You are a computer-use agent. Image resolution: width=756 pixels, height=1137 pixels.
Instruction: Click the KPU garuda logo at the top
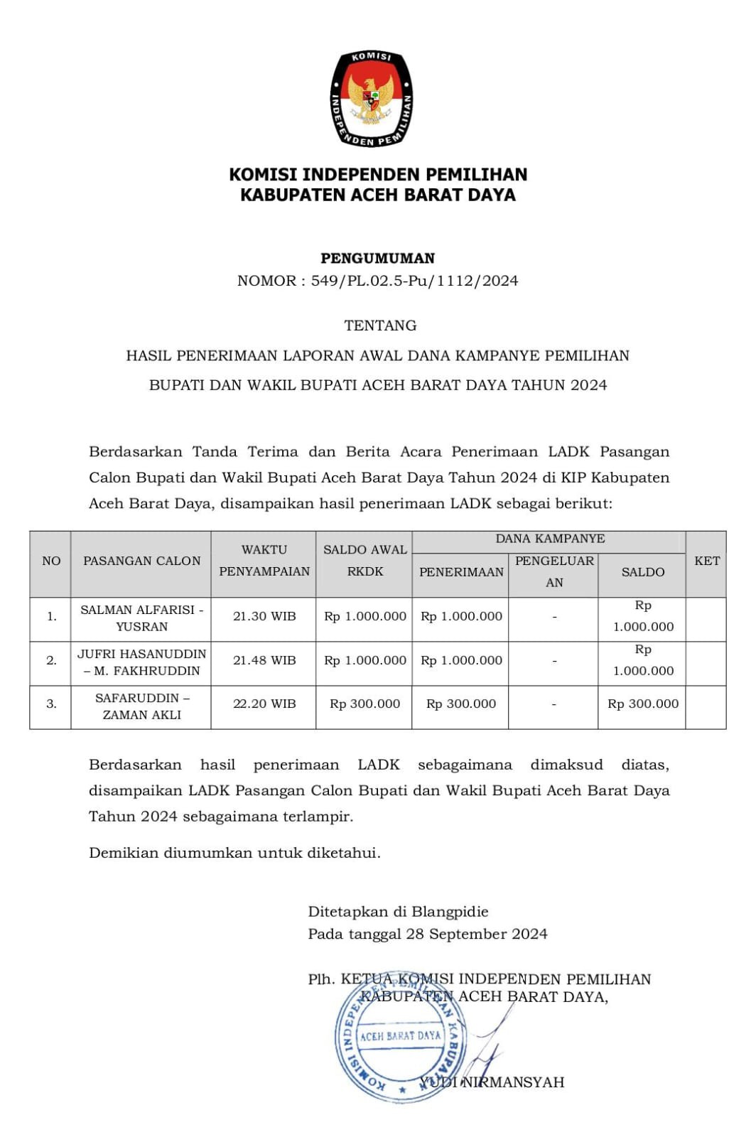372,99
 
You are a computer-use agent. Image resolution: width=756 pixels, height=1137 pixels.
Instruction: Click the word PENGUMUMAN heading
377,258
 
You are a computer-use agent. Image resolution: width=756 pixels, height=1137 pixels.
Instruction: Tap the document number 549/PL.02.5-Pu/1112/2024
414,281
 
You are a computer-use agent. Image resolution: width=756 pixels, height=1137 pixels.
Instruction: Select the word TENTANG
380,325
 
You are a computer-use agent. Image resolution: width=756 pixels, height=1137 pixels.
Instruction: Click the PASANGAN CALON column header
141,561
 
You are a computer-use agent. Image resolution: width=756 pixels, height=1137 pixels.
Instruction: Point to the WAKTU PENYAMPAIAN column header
264,561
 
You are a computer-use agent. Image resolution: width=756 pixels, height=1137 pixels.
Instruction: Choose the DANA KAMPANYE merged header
550,539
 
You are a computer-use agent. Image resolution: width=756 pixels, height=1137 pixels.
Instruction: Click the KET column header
707,561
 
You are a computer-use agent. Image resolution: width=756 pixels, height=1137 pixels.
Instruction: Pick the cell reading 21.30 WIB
264,616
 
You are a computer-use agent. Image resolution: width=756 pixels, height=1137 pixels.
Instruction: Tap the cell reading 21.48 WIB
264,660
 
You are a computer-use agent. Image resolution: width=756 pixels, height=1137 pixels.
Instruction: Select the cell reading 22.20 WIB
264,704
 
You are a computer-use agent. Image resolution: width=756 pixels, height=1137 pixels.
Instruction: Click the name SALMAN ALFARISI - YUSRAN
141,618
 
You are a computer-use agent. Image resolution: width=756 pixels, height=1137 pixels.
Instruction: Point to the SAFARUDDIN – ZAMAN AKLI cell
141,706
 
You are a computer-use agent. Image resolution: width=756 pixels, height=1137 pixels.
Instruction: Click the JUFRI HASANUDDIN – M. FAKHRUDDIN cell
141,662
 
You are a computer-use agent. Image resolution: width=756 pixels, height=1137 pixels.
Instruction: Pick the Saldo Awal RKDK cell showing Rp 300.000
364,704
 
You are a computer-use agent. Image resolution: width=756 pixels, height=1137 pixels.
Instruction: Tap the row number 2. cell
51,660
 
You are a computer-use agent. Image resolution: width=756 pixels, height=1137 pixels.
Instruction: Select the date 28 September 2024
476,934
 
